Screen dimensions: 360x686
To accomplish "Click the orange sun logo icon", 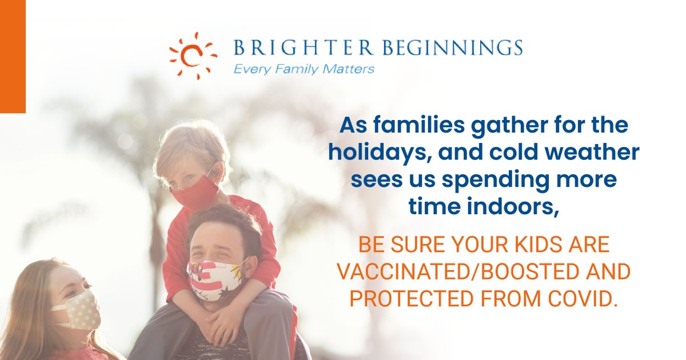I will tap(193, 55).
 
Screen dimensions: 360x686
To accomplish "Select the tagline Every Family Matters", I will tap(303, 69).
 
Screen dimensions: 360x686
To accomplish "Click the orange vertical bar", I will tap(13, 56).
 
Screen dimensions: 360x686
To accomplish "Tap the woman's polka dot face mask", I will tap(75, 310).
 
